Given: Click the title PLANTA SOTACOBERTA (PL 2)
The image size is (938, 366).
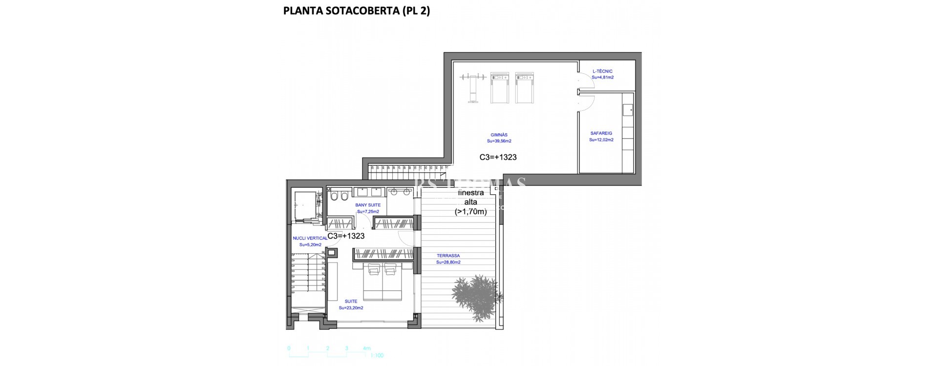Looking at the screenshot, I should (356, 11).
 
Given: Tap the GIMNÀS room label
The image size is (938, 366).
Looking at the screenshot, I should (499, 135).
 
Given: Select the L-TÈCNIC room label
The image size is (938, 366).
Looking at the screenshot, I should (602, 71).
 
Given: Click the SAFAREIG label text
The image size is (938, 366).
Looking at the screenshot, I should (601, 133).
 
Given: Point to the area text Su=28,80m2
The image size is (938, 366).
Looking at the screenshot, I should (448, 262).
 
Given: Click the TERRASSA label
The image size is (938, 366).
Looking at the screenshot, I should (448, 256).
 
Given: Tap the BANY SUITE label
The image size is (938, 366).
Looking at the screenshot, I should (368, 205).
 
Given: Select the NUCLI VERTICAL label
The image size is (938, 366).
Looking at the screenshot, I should (310, 238).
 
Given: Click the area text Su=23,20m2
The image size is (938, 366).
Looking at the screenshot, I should (351, 308).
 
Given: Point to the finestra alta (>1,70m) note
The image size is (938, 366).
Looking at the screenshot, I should (470, 203).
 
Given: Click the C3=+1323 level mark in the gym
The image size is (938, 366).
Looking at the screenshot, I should (498, 157).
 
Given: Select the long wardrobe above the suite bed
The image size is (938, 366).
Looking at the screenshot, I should (384, 254).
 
